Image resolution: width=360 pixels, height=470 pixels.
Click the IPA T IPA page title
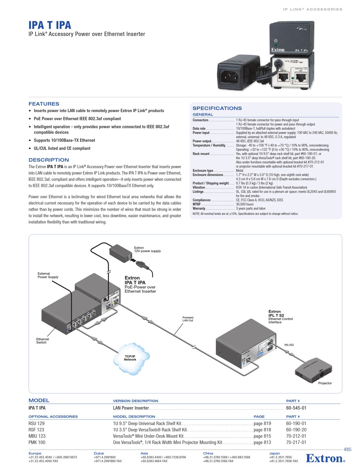pyautogui.click(x=50, y=25)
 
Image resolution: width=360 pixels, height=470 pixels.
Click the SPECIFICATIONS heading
pyautogui.click(x=217, y=108)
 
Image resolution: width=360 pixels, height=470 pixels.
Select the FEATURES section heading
pyautogui.click(x=44, y=104)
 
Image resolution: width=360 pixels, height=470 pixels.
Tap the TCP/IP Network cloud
pyautogui.click(x=130, y=358)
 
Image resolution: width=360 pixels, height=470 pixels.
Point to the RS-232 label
pyautogui.click(x=289, y=345)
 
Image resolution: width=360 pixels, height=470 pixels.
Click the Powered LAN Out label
pyautogui.click(x=188, y=319)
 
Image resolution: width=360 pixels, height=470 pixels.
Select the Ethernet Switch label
pyautogui.click(x=42, y=341)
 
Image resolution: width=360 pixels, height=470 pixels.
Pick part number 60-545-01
pyautogui.click(x=296, y=408)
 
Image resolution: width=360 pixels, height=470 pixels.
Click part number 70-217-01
pyautogui.click(x=296, y=442)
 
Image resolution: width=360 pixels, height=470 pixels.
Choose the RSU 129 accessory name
pyautogui.click(x=36, y=423)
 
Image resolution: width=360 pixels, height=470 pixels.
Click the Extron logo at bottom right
pyautogui.click(x=325, y=458)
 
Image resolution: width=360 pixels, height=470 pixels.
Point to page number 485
pyautogui.click(x=347, y=450)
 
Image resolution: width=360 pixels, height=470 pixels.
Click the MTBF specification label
pyautogui.click(x=196, y=204)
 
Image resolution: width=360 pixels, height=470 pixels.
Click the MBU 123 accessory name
pyautogui.click(x=37, y=436)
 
